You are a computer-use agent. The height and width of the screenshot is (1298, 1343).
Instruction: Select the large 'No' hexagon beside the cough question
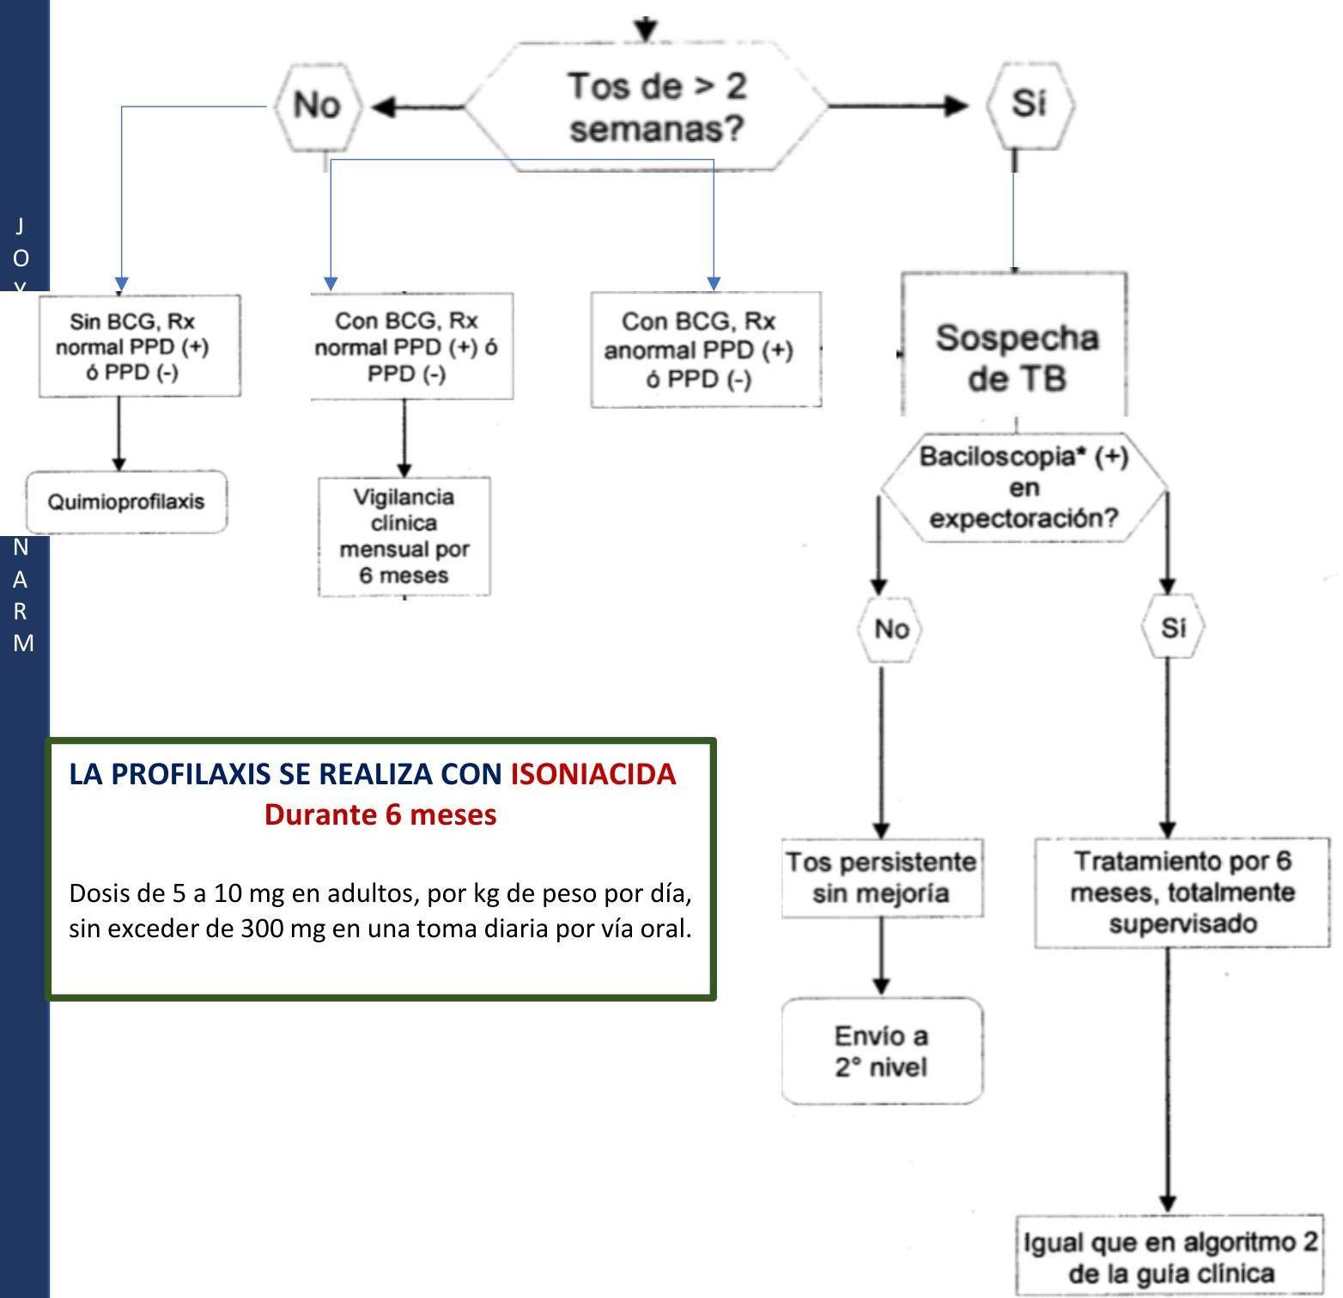click(x=317, y=106)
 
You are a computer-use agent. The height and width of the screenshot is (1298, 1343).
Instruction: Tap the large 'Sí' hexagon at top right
click(x=1029, y=104)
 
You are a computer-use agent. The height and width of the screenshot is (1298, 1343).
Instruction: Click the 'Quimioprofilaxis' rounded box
click(x=126, y=502)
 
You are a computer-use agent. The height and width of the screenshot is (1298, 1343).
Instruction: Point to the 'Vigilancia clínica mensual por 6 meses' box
click(x=404, y=536)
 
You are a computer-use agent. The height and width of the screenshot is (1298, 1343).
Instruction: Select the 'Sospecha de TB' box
click(x=1015, y=356)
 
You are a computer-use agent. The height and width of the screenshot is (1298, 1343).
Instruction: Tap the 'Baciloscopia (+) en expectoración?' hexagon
click(x=1024, y=487)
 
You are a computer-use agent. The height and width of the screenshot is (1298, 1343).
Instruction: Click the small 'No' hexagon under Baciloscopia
click(x=890, y=629)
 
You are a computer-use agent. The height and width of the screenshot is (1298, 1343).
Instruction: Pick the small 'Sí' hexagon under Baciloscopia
click(x=1172, y=628)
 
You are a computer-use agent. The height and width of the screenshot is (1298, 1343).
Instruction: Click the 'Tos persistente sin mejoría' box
click(x=882, y=878)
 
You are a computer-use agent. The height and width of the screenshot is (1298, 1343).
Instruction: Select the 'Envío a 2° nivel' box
click(x=882, y=1051)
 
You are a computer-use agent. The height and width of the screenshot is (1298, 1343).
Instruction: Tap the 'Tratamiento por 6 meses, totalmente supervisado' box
click(x=1182, y=893)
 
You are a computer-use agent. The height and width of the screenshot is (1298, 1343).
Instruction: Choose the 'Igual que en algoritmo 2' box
click(x=1170, y=1257)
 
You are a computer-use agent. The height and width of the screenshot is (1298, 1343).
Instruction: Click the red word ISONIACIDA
click(x=592, y=774)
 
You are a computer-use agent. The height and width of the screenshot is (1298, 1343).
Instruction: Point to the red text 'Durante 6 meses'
click(x=380, y=814)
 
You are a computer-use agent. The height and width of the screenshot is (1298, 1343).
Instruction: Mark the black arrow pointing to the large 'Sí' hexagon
click(x=897, y=106)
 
